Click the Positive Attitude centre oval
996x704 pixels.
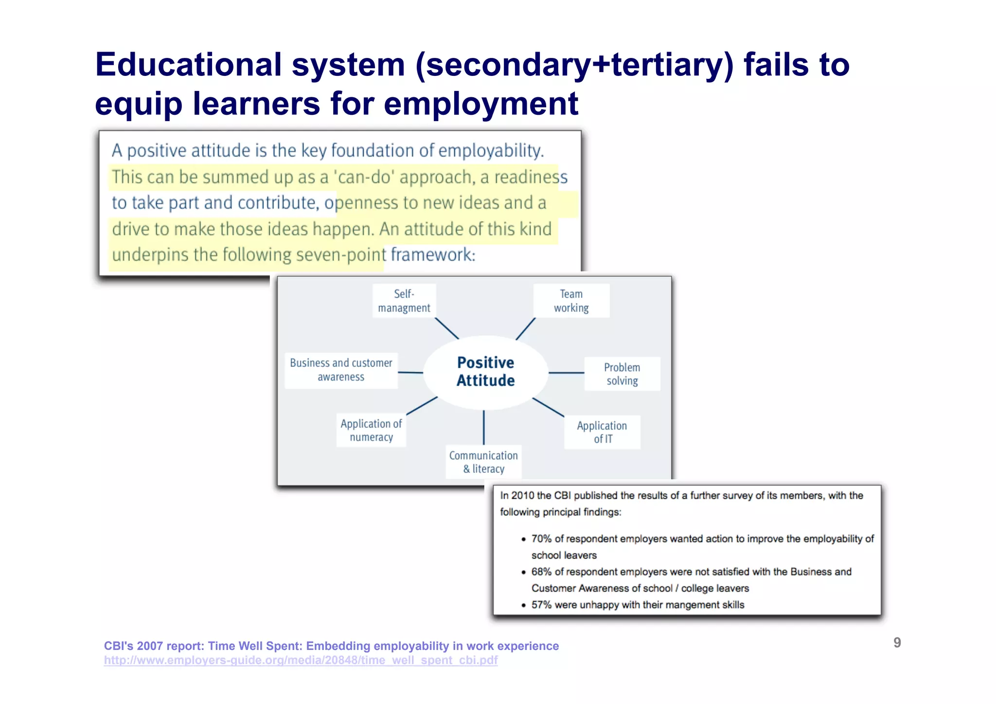coord(485,372)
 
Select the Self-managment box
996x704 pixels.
coord(404,301)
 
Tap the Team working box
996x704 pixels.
coord(571,301)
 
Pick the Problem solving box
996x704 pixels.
coord(622,374)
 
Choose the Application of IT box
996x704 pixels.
coord(602,432)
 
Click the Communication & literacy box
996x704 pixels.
coord(483,462)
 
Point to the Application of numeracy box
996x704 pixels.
coord(371,430)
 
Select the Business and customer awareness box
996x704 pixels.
coord(341,370)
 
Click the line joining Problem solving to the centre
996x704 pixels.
coord(566,373)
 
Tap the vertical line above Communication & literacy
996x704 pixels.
coord(484,427)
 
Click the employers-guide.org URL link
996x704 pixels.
coord(301,660)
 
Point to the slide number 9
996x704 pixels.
coord(897,643)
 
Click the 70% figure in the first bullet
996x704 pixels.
coord(541,539)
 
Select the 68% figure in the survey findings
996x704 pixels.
coord(541,572)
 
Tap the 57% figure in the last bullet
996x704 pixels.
coord(541,605)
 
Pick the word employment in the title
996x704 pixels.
coord(480,104)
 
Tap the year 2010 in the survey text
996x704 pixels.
coord(523,496)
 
